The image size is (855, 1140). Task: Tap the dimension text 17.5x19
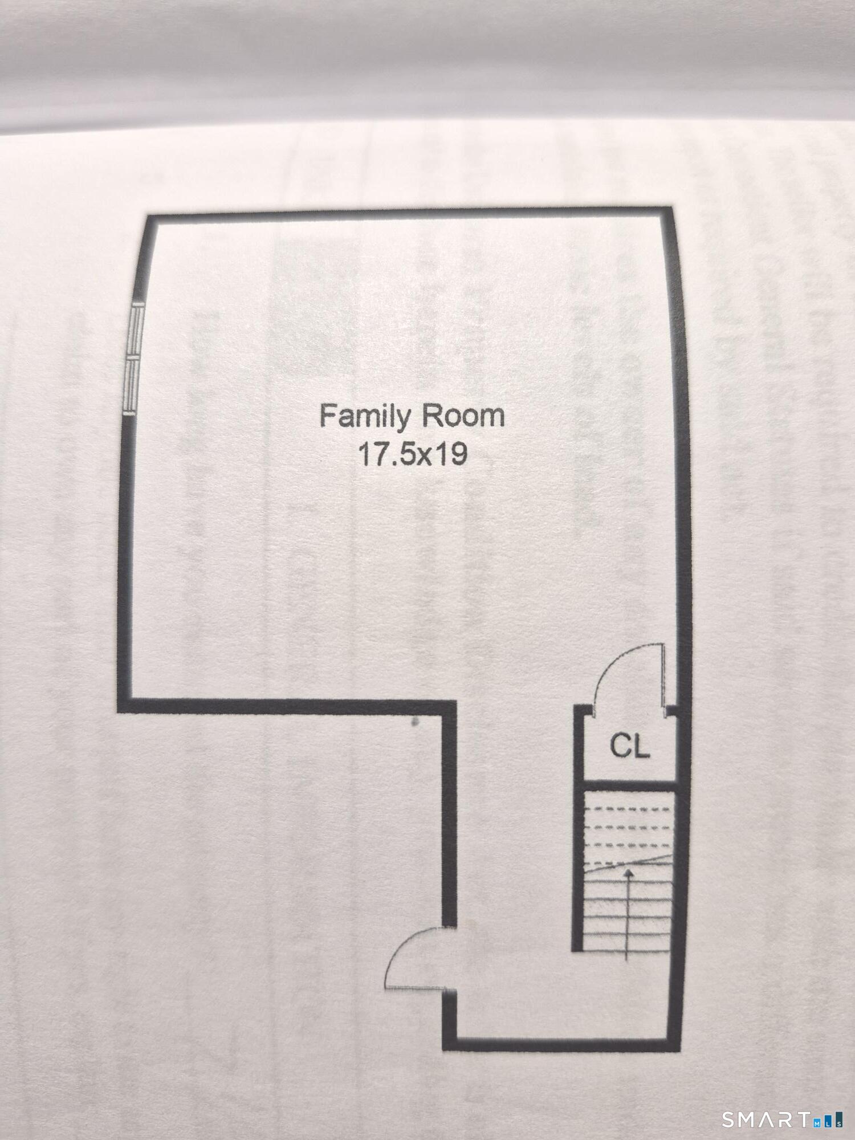[x=413, y=454]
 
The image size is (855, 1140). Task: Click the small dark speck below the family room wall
[x=415, y=722]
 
